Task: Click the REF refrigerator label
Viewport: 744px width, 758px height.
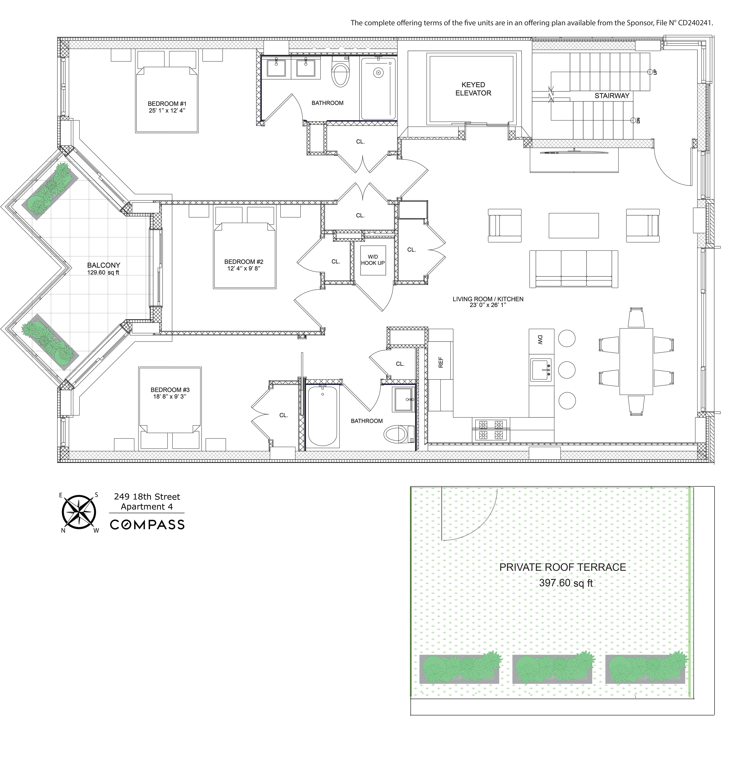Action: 441,362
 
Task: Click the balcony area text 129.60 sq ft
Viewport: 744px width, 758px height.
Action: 103,273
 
